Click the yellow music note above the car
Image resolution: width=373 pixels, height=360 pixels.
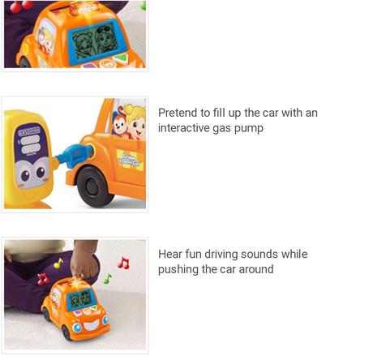(x=58, y=263)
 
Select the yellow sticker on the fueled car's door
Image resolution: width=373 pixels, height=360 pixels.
(x=130, y=159)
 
